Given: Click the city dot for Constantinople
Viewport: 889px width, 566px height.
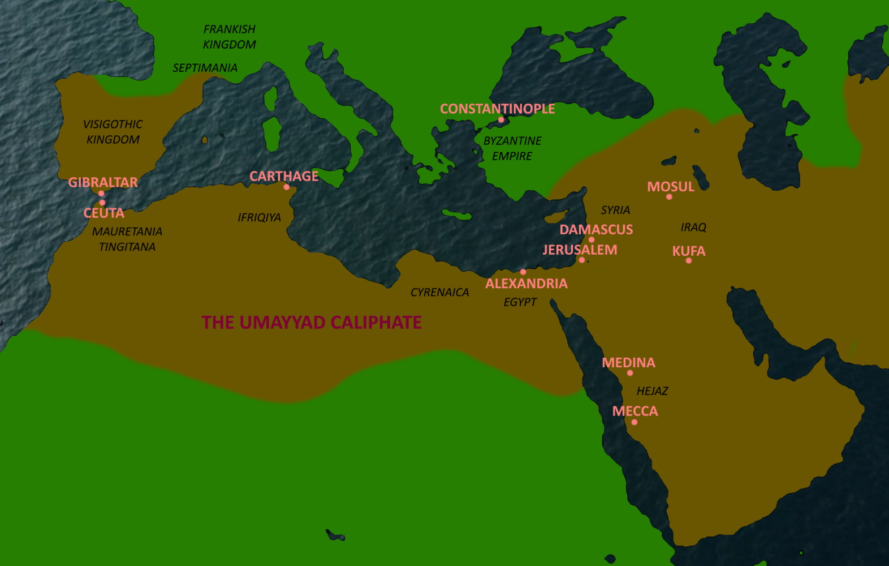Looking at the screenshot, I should [500, 120].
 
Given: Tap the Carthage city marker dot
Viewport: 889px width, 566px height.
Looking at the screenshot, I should [286, 187].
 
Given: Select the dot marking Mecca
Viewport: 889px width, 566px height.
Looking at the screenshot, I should [634, 422].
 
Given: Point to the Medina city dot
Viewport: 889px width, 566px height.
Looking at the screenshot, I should [629, 373].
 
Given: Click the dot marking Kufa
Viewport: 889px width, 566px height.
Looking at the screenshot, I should [688, 261].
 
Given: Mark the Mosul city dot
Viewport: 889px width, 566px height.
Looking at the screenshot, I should [669, 197].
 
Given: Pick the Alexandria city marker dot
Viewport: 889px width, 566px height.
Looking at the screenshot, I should [523, 272].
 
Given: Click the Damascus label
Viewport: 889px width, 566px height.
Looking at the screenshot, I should [596, 229].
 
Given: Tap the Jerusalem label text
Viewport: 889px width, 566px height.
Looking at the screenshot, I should [580, 250].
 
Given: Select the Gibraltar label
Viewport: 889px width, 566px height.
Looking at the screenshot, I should [103, 182].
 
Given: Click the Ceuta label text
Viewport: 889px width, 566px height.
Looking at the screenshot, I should [104, 213].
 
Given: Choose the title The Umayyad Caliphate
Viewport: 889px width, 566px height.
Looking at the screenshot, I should [312, 323].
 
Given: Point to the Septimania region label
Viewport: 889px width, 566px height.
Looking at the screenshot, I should [205, 68].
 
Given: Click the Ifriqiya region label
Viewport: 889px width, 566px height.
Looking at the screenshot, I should [259, 217].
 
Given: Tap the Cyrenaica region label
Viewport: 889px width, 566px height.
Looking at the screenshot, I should [439, 293].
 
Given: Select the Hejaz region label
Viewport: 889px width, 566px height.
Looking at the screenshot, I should [652, 391].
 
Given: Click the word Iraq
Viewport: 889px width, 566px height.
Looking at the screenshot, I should [693, 228].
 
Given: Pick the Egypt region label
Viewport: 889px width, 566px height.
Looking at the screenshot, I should [520, 302].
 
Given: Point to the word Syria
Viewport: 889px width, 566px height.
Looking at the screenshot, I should [615, 210].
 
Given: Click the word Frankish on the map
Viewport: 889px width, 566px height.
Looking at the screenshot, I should [229, 29].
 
